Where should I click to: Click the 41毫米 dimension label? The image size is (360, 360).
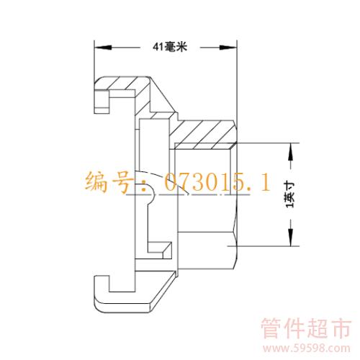click(x=170, y=47)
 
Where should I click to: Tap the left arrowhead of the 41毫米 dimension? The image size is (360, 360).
click(x=103, y=48)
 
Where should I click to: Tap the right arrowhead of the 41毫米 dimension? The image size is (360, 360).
click(x=228, y=48)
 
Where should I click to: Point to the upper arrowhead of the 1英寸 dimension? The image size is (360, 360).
click(x=291, y=151)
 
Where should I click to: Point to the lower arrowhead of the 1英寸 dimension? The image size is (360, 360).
click(x=291, y=238)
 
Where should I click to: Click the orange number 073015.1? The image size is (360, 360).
click(x=217, y=182)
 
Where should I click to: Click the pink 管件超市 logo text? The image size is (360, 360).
click(x=306, y=328)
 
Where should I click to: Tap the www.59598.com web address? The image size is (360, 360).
click(x=307, y=348)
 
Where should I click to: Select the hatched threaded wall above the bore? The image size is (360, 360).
click(x=204, y=135)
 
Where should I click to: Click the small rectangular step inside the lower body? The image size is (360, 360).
click(x=159, y=250)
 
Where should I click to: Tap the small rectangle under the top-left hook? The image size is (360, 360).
click(x=103, y=110)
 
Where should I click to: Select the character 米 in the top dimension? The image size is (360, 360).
click(x=181, y=47)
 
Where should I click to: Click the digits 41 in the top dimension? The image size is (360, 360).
click(x=158, y=47)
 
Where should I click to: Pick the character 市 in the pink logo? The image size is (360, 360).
click(x=341, y=328)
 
